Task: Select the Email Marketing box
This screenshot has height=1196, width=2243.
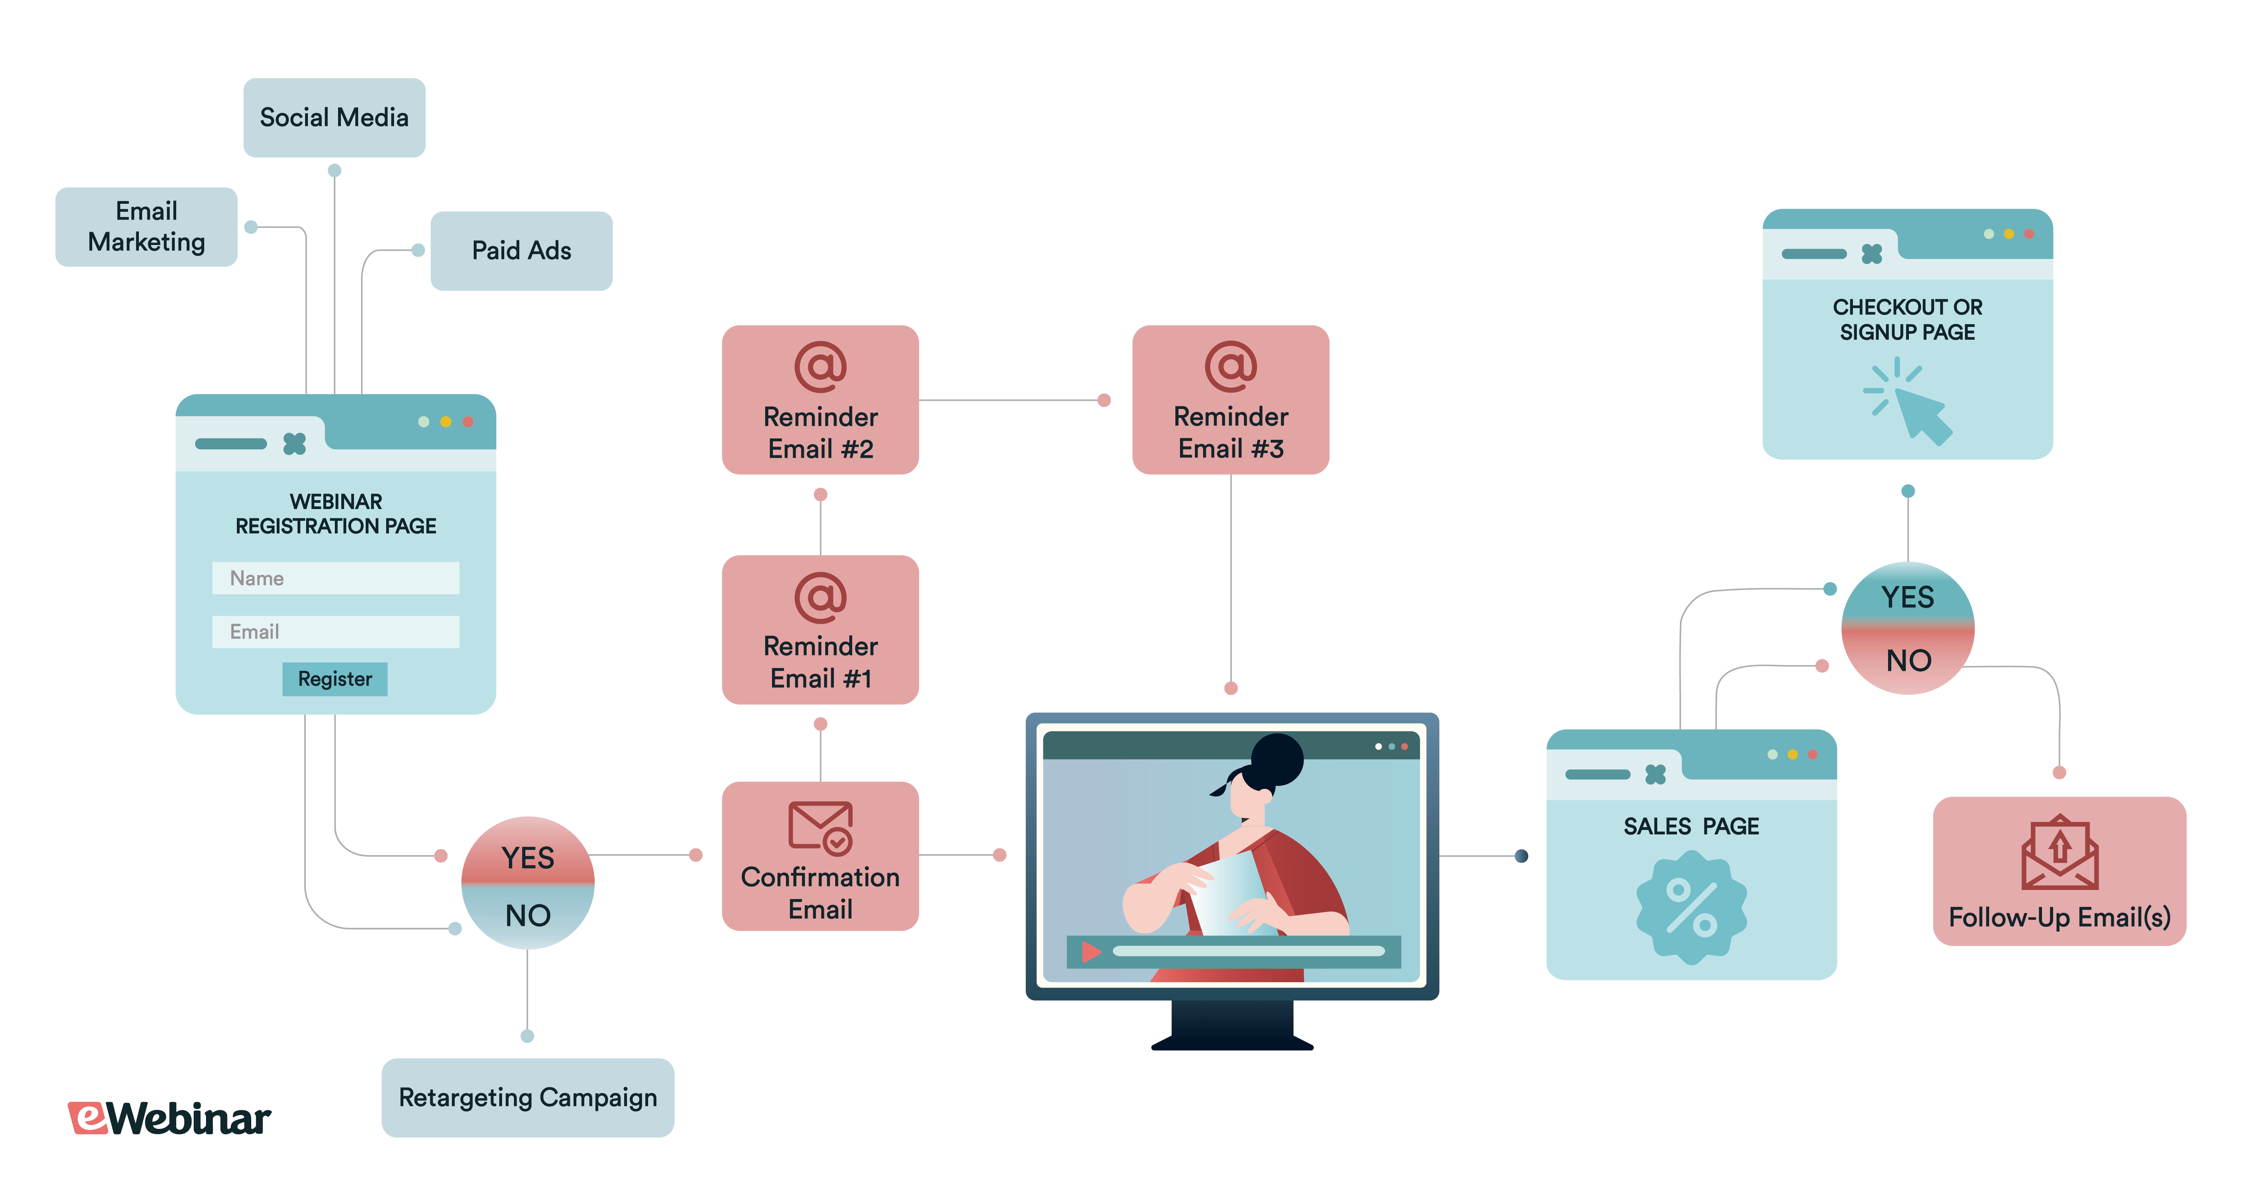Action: pos(146,226)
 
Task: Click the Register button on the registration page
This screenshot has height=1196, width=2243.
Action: pos(334,679)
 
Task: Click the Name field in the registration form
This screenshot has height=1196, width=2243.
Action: pos(335,578)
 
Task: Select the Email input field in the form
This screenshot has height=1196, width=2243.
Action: pos(335,632)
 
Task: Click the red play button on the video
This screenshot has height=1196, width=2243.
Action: pos(1090,951)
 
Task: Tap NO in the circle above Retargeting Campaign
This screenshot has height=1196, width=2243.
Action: pos(528,915)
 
